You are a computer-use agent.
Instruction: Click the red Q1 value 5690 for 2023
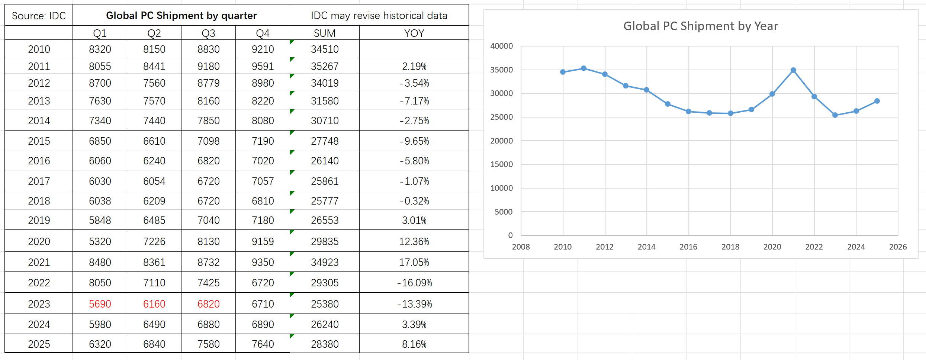coord(100,304)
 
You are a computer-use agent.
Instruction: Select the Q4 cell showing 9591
coord(263,66)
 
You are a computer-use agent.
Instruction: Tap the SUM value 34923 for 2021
coord(325,262)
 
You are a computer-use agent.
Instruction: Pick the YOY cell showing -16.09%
coord(414,283)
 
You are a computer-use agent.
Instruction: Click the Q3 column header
coord(208,33)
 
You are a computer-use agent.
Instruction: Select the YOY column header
coord(414,33)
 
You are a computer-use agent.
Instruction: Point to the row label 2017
coord(39,181)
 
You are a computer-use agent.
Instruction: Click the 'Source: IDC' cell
coord(39,16)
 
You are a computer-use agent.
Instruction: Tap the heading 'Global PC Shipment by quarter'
coord(181,16)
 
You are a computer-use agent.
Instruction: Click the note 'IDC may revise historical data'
coord(379,16)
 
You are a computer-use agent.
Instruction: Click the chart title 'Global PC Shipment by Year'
coord(700,26)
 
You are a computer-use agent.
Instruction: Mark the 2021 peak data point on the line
coord(793,70)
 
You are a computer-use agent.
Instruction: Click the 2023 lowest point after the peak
coord(835,115)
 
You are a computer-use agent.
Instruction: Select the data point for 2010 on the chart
coord(563,72)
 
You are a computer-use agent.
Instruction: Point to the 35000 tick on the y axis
coord(501,70)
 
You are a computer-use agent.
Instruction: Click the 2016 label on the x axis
coord(688,247)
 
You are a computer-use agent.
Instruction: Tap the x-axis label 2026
coord(898,247)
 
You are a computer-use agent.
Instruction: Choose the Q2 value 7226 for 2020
coord(154,241)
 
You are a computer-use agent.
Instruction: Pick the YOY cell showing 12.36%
coord(414,241)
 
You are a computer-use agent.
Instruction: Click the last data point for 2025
coord(877,101)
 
